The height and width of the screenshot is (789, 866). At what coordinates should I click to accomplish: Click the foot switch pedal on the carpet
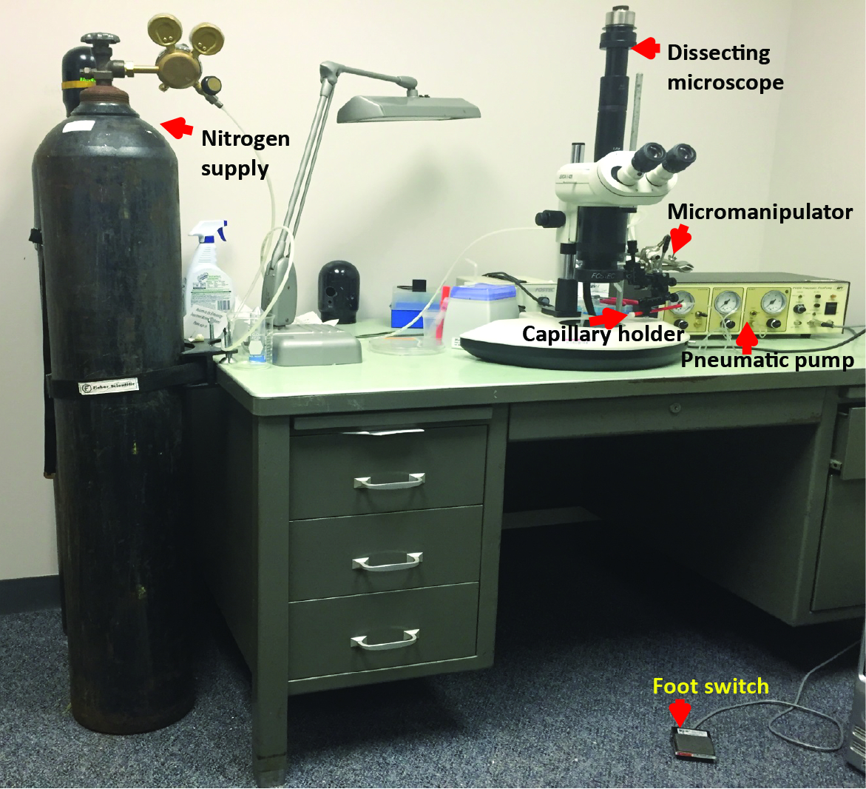click(x=694, y=743)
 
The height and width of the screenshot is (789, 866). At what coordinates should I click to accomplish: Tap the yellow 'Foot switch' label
click(x=711, y=687)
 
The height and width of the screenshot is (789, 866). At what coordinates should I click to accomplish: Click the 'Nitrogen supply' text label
click(x=235, y=153)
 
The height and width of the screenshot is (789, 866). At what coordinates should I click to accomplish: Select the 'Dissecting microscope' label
click(x=725, y=67)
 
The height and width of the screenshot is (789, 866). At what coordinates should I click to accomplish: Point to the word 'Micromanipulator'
click(x=760, y=212)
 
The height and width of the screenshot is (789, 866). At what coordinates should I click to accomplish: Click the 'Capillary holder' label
click(x=603, y=335)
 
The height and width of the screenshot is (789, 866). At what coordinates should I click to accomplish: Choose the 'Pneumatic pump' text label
click(x=767, y=360)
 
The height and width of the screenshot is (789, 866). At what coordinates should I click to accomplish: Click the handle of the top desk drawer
click(x=388, y=481)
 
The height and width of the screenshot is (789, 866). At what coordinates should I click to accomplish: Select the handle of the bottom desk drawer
click(x=385, y=639)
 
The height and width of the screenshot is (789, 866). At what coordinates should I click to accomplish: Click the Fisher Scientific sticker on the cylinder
click(x=109, y=385)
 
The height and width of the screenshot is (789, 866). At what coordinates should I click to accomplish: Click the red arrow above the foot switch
click(x=680, y=712)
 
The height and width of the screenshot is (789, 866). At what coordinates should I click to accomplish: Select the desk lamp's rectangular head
click(x=409, y=110)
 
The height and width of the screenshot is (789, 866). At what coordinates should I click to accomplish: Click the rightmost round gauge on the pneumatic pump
click(x=774, y=303)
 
